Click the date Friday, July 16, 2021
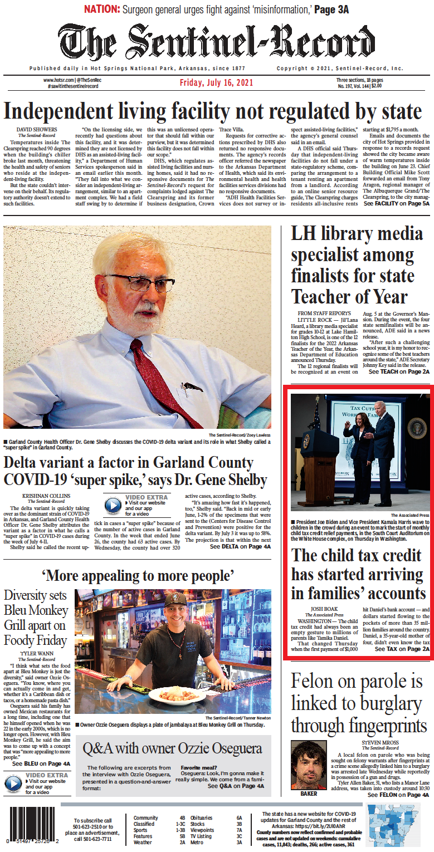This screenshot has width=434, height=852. pos(216,83)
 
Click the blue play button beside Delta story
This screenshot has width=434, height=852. pos(113,505)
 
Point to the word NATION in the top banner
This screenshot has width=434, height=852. pos(102,9)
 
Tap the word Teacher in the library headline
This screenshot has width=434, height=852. pos(320,296)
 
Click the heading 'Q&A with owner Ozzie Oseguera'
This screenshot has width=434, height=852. pos(172,748)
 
